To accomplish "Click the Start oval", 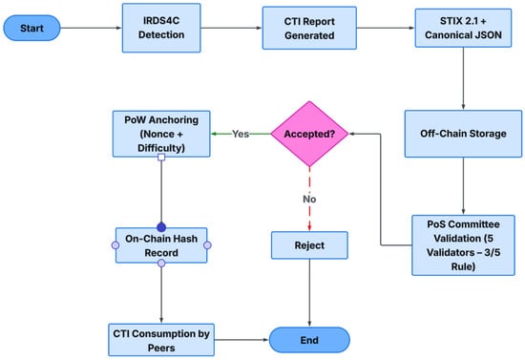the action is coord(31,28).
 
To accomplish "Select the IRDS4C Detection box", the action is coord(161,28).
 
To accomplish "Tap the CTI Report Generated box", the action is coord(309,28).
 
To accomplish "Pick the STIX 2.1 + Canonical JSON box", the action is coord(463,28).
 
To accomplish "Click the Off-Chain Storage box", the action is coord(463,134).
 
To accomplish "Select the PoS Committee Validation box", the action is coord(463,245).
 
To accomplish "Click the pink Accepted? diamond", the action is coord(309,134).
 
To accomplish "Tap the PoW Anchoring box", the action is coord(161,134).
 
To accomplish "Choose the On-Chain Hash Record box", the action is coord(161,245).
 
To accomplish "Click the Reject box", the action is coord(309,245).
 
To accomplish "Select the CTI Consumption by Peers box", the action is coord(161,340).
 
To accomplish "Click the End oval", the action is coord(309,340).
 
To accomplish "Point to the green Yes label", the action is coord(241,134).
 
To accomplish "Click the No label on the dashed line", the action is coord(309,200).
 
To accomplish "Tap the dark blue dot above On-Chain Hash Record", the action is coord(161,227).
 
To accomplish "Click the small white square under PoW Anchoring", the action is coord(161,157).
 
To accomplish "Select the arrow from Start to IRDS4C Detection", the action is coord(91,28).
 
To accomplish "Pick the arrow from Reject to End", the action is coord(309,293).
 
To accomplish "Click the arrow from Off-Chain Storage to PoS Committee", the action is coord(463,186).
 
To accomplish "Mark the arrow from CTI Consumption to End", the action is coord(241,340).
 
